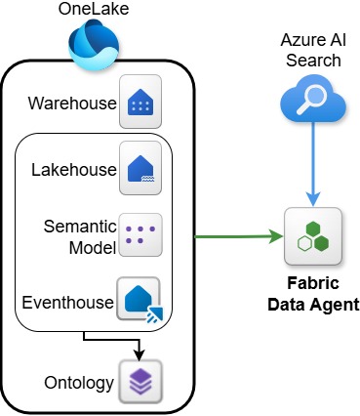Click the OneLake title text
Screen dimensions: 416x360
[x=94, y=12]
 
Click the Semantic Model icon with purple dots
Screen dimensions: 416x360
[x=140, y=234]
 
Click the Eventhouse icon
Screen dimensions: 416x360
[x=140, y=299]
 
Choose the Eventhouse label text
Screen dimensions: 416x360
[x=67, y=303]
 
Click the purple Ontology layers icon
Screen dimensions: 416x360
[x=140, y=380]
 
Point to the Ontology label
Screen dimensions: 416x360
[x=78, y=382]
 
